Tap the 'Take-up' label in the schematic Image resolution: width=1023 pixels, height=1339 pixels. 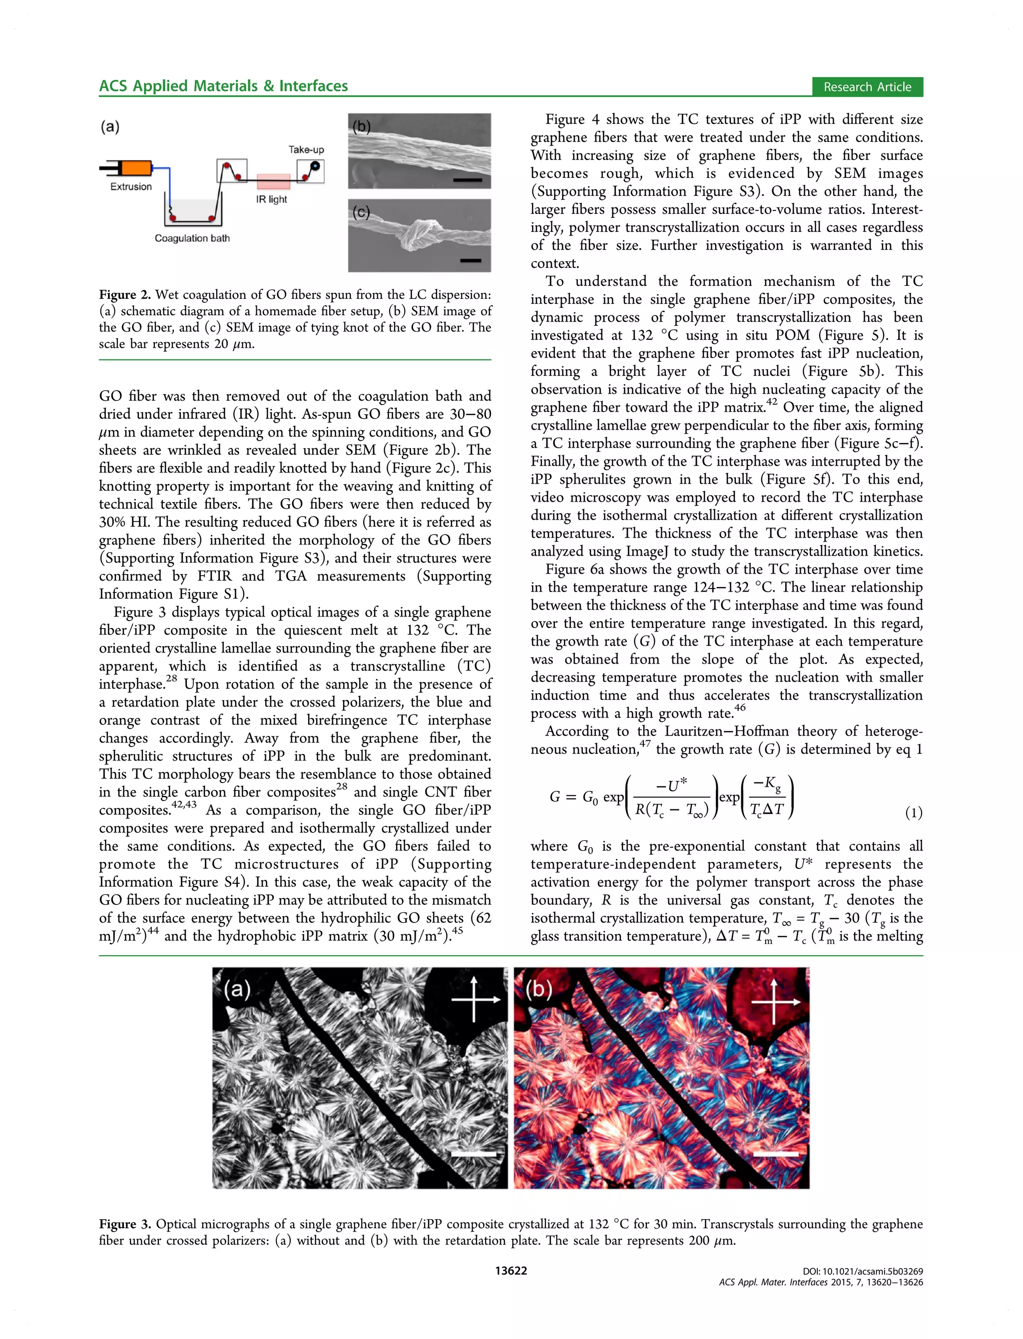coord(306,149)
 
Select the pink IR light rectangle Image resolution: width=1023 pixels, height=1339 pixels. coord(273,181)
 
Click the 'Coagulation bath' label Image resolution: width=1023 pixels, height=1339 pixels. coord(192,238)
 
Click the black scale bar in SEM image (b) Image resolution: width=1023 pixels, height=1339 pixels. coord(467,180)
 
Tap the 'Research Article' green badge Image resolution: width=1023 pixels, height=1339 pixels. coord(867,86)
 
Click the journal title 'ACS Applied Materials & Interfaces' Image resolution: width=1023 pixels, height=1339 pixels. coord(223,86)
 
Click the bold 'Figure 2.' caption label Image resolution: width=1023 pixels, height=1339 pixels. coord(125,295)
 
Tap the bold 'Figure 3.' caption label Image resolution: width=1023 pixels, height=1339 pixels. coord(125,1224)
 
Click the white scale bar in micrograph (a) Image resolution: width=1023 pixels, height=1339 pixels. coord(473,1153)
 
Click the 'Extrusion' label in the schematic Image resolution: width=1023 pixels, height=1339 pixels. coord(131,186)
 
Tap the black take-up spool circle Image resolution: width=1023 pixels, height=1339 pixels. coord(315,165)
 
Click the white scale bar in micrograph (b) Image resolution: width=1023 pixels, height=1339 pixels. coord(775,1153)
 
